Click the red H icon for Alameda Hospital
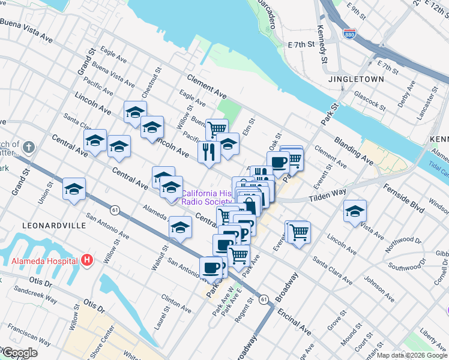point(88,260)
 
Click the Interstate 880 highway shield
point(348,34)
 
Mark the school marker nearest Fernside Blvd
point(355,211)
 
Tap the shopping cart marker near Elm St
point(217,128)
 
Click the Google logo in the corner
point(19,353)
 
